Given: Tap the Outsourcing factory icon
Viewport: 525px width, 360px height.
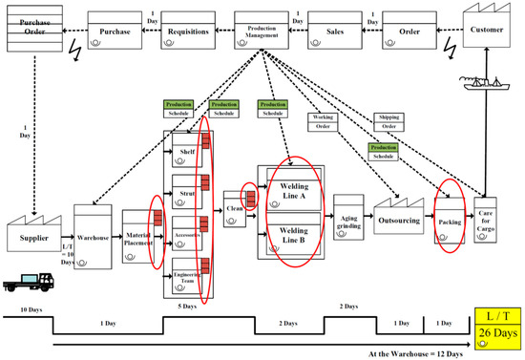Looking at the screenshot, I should click(398, 219).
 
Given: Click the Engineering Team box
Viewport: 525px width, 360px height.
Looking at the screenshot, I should click(187, 279).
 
